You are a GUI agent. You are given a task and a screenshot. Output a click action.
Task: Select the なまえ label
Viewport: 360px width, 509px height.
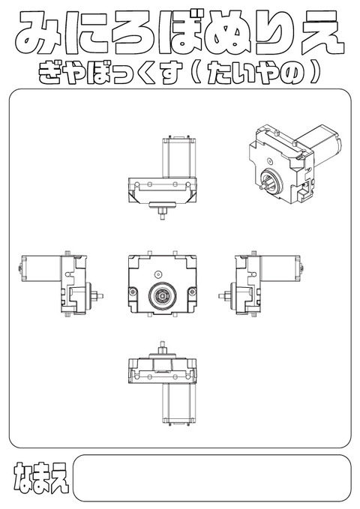[40, 478]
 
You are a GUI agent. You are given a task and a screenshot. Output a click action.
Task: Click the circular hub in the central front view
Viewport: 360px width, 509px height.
[160, 296]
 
